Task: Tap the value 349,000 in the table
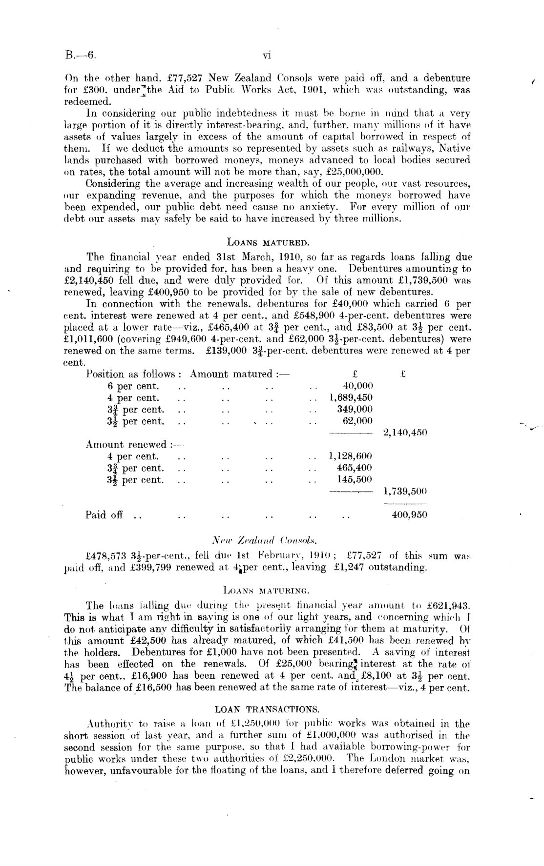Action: point(355,409)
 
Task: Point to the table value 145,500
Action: point(355,480)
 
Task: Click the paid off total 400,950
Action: point(410,514)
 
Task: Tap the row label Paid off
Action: point(104,514)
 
